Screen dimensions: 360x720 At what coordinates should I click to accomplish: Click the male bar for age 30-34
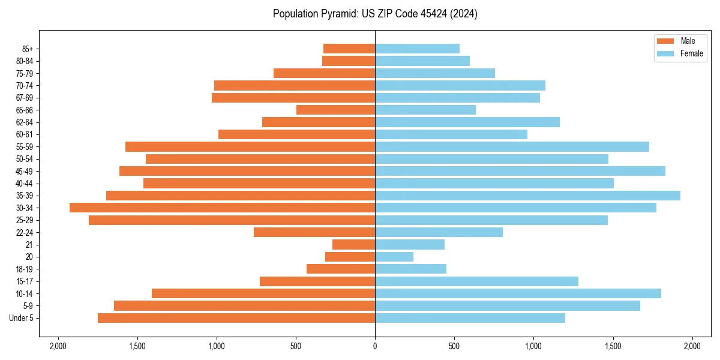(222, 208)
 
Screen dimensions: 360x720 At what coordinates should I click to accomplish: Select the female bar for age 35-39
(527, 196)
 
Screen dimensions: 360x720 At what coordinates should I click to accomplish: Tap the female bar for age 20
(394, 257)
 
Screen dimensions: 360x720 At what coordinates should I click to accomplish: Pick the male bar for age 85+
(349, 49)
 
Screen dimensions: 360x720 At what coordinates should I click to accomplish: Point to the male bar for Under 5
(236, 318)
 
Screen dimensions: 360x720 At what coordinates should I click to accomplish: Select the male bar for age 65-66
(335, 110)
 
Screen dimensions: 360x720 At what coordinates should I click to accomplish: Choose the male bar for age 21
(353, 245)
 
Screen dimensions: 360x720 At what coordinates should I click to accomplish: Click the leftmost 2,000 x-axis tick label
(58, 347)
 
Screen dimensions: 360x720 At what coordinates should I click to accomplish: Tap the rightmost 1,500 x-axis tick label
(613, 347)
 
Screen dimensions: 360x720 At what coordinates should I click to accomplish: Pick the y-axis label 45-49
(25, 171)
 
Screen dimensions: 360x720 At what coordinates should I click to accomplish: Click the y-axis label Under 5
(22, 318)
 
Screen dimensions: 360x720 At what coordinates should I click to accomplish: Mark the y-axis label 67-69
(25, 98)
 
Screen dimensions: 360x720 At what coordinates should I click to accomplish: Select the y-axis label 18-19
(25, 269)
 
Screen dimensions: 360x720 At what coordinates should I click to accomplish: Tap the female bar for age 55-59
(512, 146)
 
